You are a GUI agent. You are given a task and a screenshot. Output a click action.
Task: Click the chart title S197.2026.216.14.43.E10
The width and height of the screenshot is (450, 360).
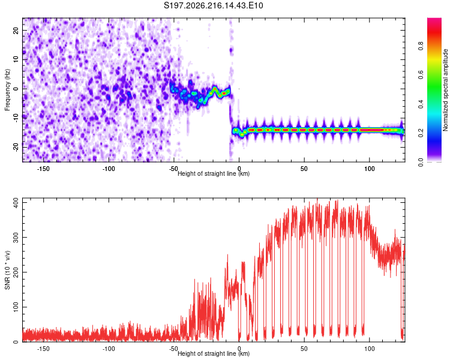[213, 5]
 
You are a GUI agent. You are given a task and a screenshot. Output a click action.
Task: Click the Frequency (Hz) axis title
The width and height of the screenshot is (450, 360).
[7, 89]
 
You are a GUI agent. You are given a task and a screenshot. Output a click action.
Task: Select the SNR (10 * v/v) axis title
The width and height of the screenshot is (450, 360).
[7, 270]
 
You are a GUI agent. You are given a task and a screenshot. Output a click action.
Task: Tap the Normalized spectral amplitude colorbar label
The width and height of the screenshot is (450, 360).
[445, 89]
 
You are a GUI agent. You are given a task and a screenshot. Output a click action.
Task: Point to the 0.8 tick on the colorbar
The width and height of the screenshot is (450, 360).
[421, 46]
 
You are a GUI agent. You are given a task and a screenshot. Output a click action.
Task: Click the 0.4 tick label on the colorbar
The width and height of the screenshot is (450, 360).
[421, 104]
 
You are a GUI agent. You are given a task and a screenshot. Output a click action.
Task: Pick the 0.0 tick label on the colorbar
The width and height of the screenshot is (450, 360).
[421, 162]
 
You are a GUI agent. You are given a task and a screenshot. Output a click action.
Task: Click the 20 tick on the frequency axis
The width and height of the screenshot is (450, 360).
[16, 30]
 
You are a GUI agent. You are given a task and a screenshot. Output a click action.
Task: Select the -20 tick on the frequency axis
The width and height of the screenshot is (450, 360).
[16, 147]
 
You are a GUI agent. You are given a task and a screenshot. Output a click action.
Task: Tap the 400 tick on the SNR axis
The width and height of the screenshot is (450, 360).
[16, 203]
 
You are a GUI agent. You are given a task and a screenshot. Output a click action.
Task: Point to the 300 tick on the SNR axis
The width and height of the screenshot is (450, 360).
[16, 238]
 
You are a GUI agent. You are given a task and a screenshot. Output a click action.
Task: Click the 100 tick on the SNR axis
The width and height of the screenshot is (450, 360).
[16, 307]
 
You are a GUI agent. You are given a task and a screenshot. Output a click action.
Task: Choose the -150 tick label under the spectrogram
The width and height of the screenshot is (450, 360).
[43, 169]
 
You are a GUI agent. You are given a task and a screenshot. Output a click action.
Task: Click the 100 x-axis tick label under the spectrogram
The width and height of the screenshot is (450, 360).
[370, 169]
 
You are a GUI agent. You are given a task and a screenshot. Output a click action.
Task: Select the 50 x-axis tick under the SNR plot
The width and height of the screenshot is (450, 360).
[304, 349]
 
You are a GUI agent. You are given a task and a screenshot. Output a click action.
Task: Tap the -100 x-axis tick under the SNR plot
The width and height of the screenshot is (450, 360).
[109, 349]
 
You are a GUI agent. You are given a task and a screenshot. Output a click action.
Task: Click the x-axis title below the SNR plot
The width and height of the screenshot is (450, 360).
[214, 353]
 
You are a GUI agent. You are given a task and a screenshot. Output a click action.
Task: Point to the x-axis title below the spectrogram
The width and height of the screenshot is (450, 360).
[214, 173]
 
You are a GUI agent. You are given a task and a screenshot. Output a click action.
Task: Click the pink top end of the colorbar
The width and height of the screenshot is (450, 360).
[434, 20]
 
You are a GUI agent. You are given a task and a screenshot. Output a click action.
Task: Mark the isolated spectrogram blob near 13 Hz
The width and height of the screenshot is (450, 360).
[231, 50]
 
